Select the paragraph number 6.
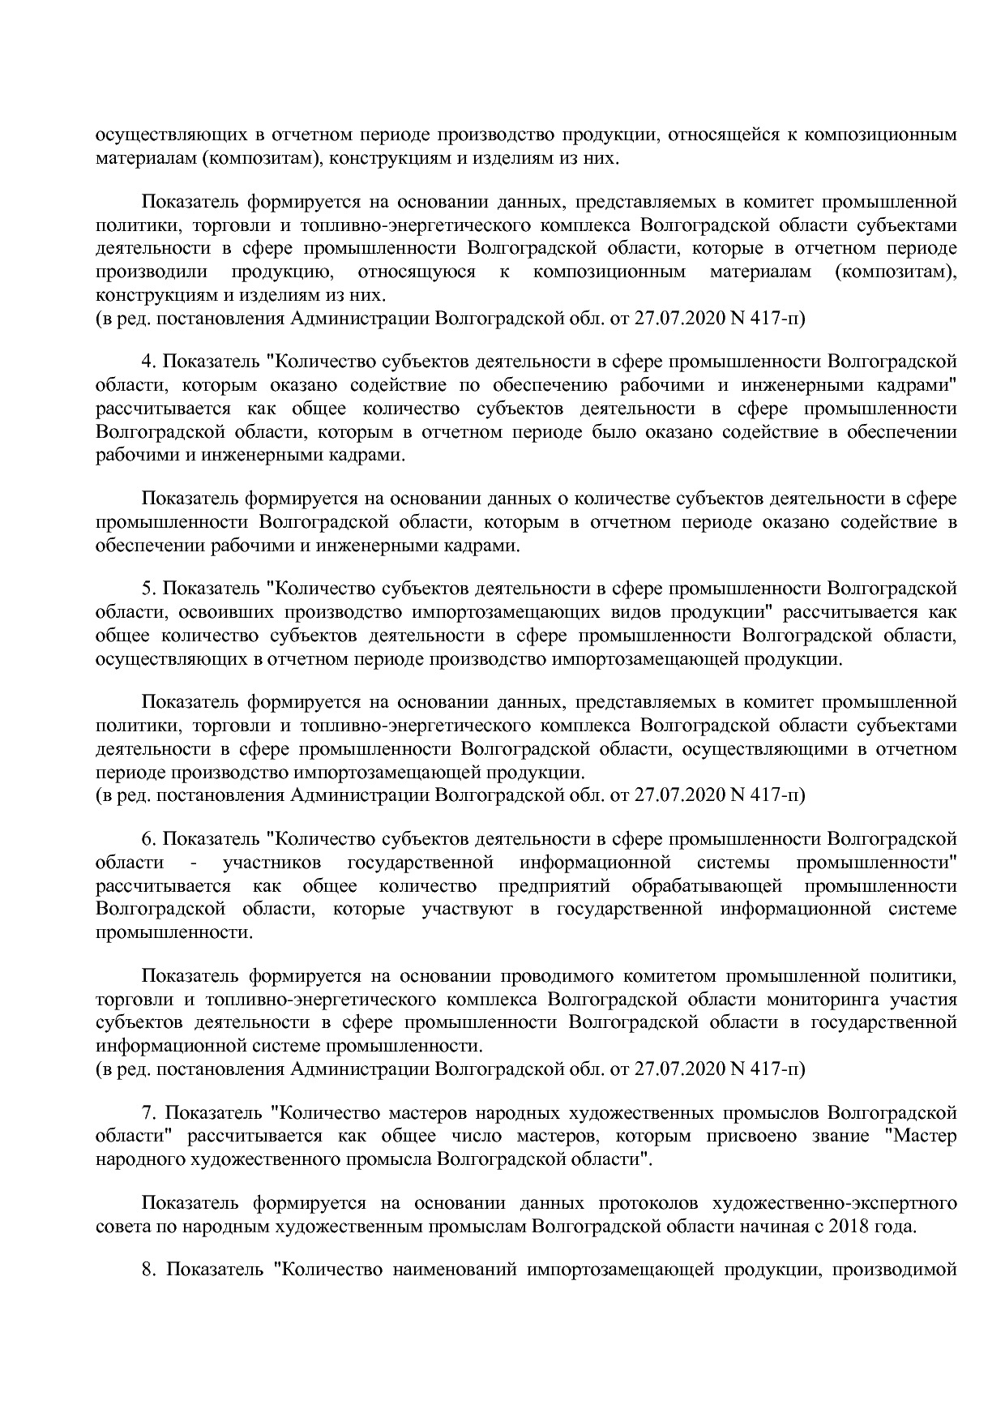pos(148,838)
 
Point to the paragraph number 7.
pos(148,1112)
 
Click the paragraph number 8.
pos(148,1270)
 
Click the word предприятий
pos(554,885)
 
